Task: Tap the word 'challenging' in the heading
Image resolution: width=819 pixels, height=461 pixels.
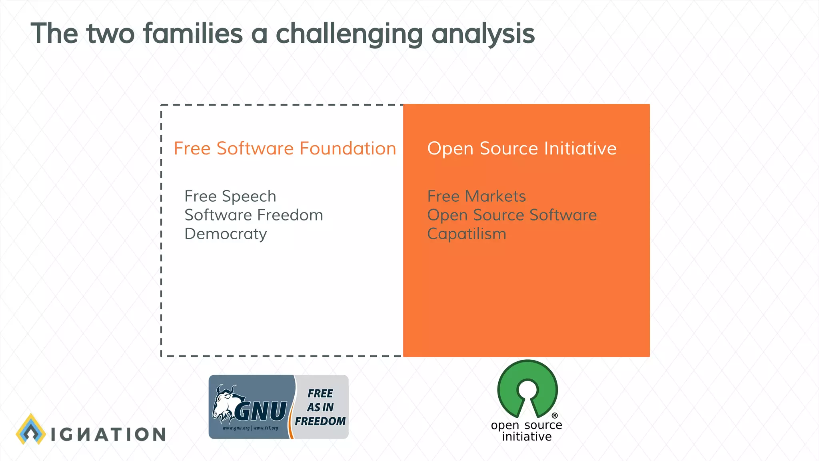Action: [x=349, y=34]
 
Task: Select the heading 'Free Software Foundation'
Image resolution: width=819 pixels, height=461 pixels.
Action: [x=285, y=148]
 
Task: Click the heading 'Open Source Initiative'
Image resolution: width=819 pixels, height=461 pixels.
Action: [x=521, y=148]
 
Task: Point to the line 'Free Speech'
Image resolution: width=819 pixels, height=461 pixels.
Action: [x=230, y=196]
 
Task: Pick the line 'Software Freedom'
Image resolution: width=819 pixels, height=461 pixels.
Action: [x=254, y=215]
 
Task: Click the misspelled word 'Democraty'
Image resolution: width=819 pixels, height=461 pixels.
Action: [x=226, y=234]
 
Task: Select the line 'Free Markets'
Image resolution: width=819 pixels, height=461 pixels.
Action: [x=476, y=196]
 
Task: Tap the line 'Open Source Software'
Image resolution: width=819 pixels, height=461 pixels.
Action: [x=511, y=215]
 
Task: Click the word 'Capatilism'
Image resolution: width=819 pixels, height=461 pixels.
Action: [x=466, y=234]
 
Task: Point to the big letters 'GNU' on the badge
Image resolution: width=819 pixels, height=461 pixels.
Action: [x=261, y=411]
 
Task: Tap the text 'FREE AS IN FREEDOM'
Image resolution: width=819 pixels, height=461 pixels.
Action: [x=320, y=407]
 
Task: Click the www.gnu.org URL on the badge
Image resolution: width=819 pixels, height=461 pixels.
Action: [x=236, y=428]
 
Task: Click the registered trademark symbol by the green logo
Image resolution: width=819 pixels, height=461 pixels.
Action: [x=555, y=415]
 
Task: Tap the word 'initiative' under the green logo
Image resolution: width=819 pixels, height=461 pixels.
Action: [x=527, y=437]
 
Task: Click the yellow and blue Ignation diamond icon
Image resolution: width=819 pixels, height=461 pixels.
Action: [x=31, y=430]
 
